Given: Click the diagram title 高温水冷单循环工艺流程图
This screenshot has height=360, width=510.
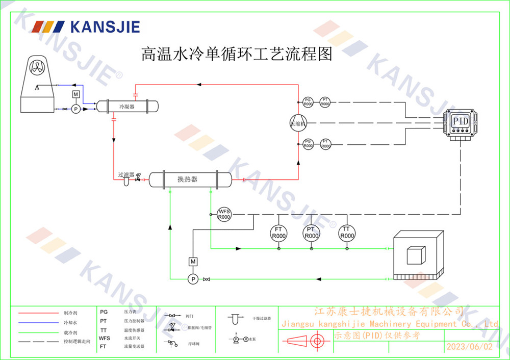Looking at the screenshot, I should click(236, 54).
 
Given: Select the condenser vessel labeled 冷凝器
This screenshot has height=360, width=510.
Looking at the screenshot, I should click(127, 106).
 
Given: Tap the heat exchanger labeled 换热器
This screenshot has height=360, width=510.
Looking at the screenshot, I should click(189, 179).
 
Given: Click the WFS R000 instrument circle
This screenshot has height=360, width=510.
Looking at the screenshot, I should click(224, 214).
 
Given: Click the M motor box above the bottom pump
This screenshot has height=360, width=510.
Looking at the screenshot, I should click(193, 262).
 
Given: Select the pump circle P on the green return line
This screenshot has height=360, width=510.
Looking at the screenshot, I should click(193, 279).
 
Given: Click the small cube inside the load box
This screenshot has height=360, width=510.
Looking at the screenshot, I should click(415, 254).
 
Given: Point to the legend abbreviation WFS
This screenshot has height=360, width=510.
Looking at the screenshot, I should click(105, 338).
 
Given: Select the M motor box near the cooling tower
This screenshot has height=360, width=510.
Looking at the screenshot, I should click(75, 94).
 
